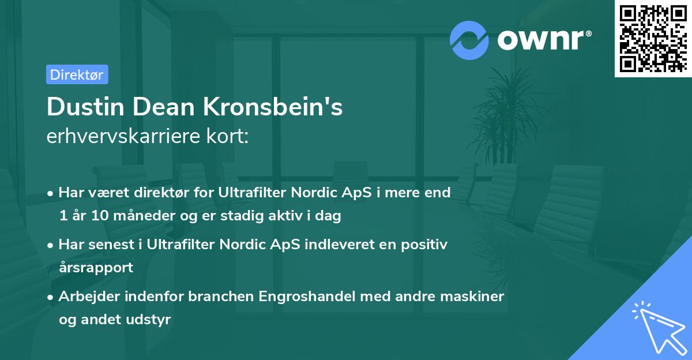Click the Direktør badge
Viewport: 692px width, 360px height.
coord(77,74)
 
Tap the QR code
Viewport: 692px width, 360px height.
coord(653,39)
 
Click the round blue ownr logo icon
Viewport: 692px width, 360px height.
coord(469,40)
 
